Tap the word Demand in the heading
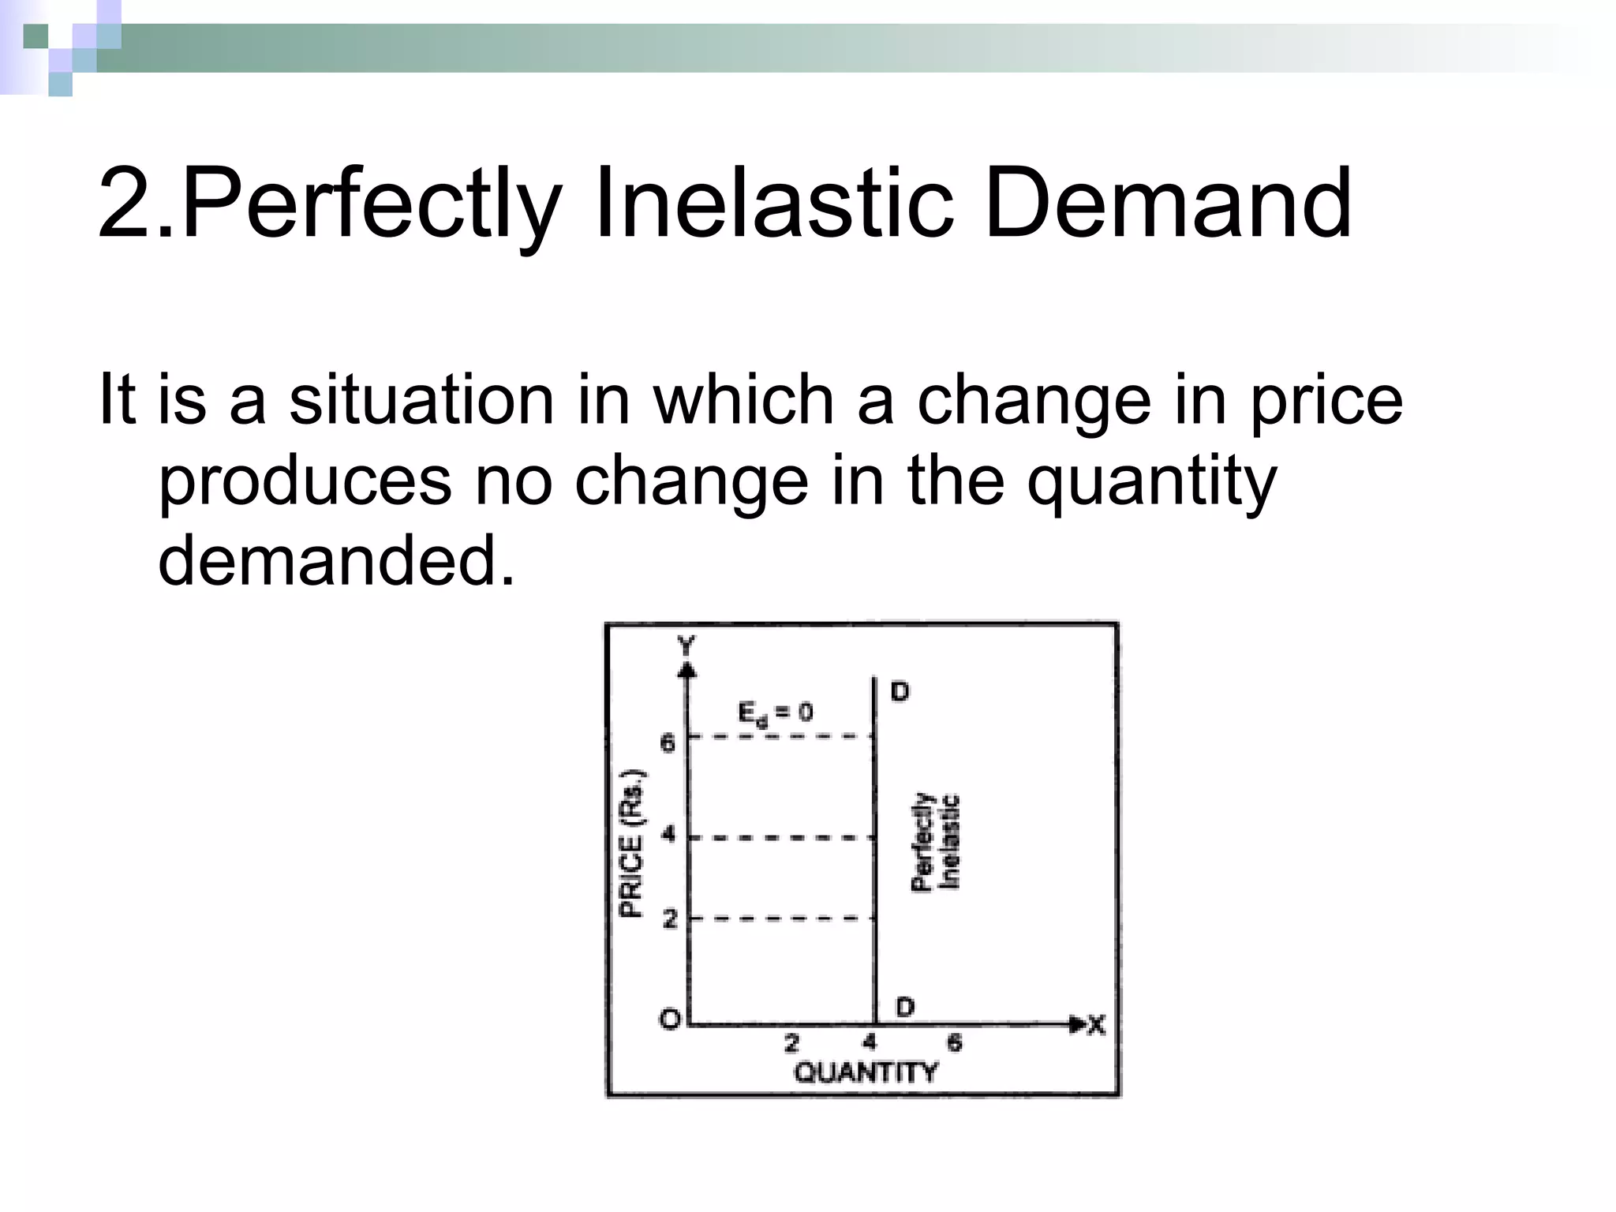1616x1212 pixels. (x=1168, y=204)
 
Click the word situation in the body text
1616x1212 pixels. (x=421, y=400)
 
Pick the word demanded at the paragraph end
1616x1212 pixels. (x=336, y=559)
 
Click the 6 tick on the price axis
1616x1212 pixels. (x=668, y=743)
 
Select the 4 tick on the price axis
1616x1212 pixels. (x=668, y=833)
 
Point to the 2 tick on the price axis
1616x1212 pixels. (x=670, y=918)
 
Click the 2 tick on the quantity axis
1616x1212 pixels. (x=791, y=1043)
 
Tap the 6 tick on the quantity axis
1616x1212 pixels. (x=954, y=1043)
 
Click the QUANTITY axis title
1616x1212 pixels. (x=865, y=1073)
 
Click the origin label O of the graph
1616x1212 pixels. (x=669, y=1019)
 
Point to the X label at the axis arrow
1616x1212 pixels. (x=1096, y=1025)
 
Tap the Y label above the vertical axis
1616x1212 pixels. (x=687, y=646)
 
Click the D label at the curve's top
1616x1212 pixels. (x=900, y=692)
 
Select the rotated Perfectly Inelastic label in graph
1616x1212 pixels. (x=936, y=842)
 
